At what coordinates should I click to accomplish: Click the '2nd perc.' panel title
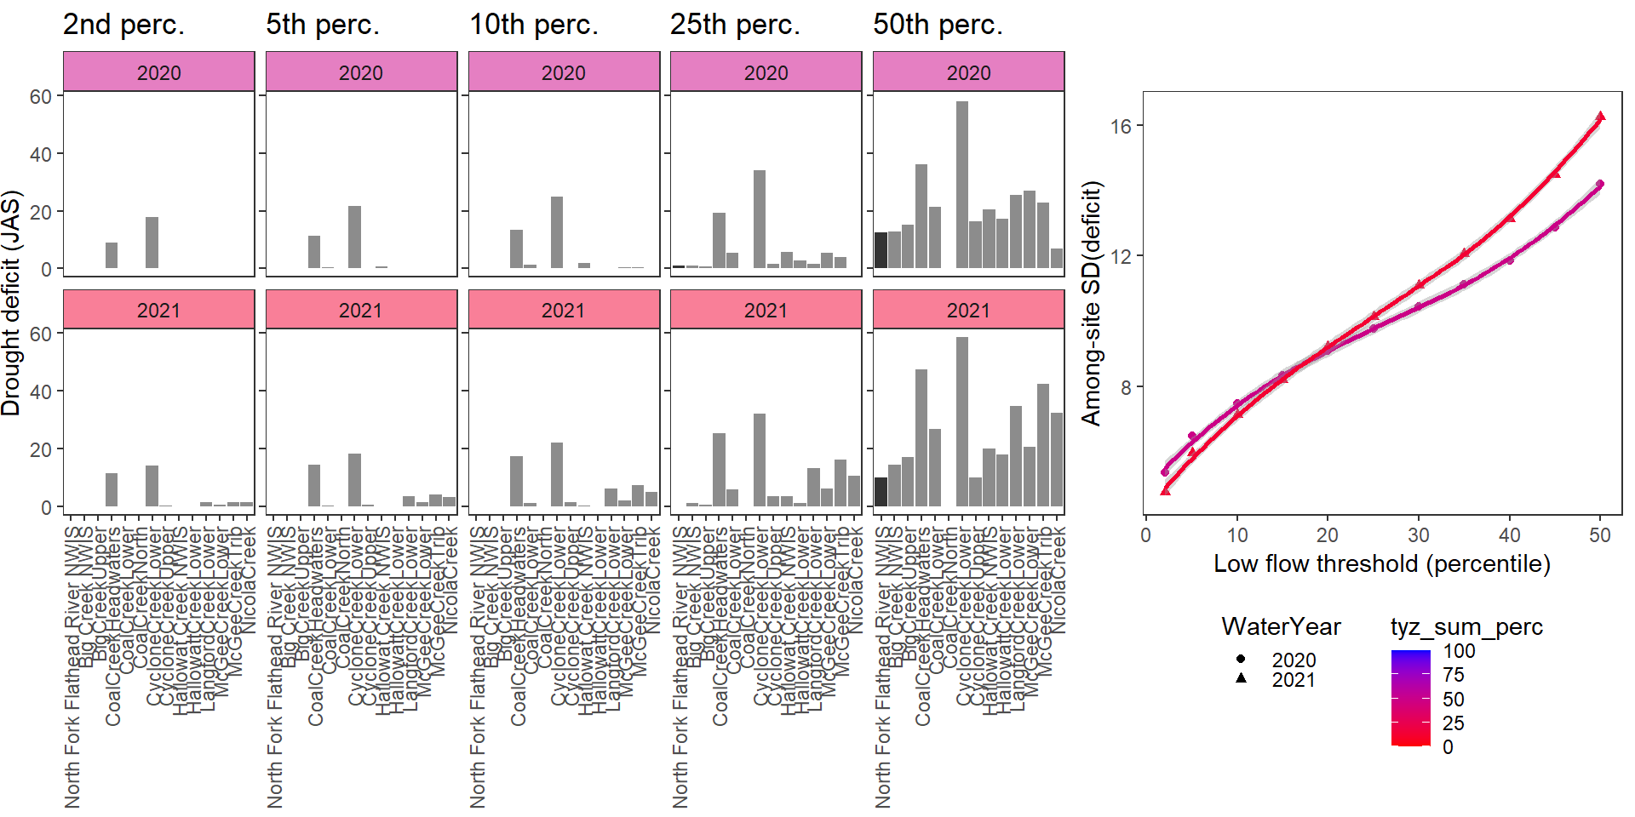123,25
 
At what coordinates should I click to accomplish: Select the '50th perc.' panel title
938,25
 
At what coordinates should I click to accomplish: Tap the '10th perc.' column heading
534,25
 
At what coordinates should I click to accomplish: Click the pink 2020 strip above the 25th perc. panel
766,72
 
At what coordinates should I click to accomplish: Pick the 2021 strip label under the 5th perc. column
361,310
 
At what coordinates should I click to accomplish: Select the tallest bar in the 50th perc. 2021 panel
962,421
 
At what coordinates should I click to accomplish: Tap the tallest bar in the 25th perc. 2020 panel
760,220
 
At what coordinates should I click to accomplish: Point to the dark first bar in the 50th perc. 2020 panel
881,250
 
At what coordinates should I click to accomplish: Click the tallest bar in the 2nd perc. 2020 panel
152,243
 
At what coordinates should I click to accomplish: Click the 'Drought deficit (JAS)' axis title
11,303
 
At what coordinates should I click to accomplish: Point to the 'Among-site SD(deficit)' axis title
1091,303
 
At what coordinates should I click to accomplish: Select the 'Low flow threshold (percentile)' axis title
1381,563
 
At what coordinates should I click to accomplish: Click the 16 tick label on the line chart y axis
1121,126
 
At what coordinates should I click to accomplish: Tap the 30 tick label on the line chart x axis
1418,535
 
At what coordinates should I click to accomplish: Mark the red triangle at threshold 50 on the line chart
1600,117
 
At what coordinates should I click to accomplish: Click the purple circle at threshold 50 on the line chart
1600,184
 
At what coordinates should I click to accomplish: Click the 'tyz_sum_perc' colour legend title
1466,627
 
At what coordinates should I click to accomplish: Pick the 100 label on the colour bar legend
1459,651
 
